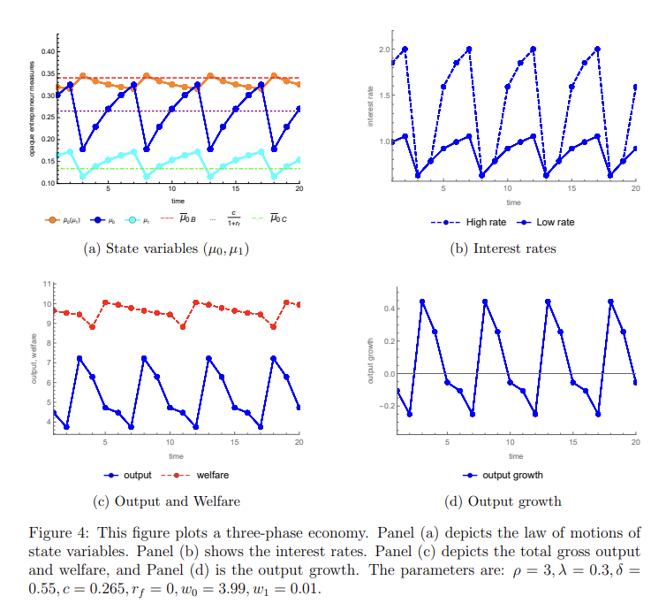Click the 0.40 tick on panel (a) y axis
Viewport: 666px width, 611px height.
click(x=45, y=50)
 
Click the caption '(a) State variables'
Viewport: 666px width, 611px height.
click(x=166, y=249)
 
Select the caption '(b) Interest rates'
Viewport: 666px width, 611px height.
click(x=503, y=248)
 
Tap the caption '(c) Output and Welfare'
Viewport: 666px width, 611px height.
click(x=166, y=501)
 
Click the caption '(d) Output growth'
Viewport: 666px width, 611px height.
click(x=503, y=501)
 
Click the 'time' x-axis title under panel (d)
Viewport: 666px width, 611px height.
click(x=516, y=456)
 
